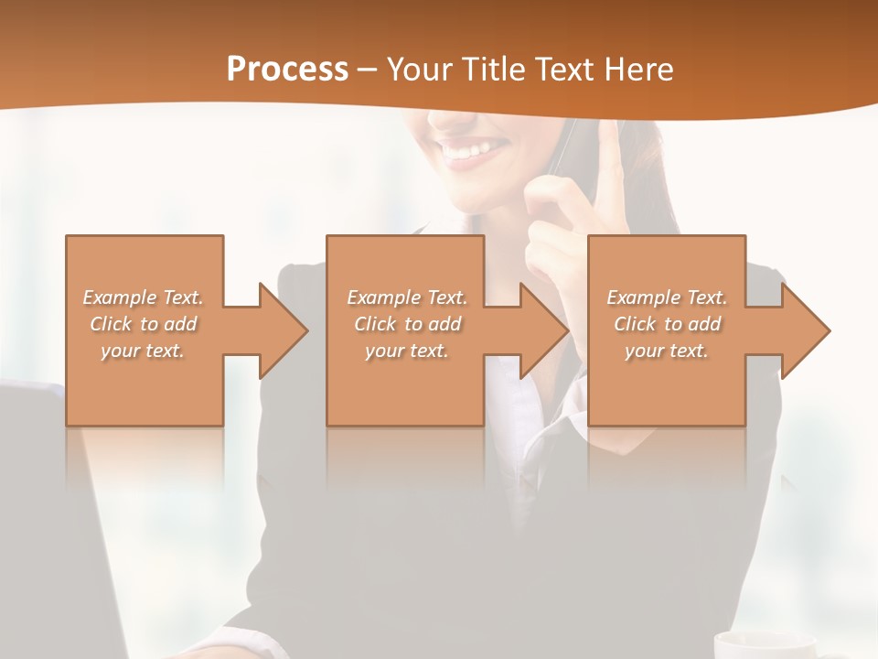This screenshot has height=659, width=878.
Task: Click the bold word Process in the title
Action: tap(287, 69)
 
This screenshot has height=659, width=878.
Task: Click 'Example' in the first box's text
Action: tap(120, 297)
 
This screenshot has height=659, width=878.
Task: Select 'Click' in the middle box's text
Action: tap(374, 324)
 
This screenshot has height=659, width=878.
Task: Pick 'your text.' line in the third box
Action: tap(666, 351)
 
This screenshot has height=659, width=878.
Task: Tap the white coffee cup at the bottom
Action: tap(764, 644)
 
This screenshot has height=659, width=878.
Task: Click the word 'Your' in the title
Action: tap(419, 69)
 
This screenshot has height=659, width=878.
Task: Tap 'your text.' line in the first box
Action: tap(143, 351)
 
